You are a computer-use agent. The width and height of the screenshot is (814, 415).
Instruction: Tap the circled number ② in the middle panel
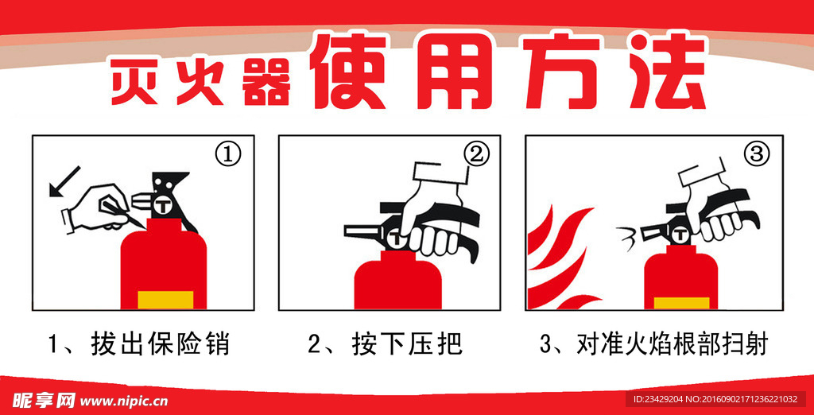475,155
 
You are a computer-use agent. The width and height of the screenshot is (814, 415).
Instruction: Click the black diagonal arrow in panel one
64,181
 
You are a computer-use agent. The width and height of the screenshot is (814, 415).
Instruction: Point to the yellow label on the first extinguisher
165,300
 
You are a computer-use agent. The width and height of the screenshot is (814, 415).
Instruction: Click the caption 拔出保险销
160,344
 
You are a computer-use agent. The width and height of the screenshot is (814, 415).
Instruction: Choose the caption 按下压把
406,344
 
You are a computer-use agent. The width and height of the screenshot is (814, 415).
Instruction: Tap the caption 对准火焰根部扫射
671,344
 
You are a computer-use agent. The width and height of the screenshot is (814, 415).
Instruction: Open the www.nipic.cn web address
124,401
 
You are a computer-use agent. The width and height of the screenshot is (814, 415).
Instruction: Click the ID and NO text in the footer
715,399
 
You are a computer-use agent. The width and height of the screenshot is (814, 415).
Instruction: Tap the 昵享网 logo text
44,401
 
